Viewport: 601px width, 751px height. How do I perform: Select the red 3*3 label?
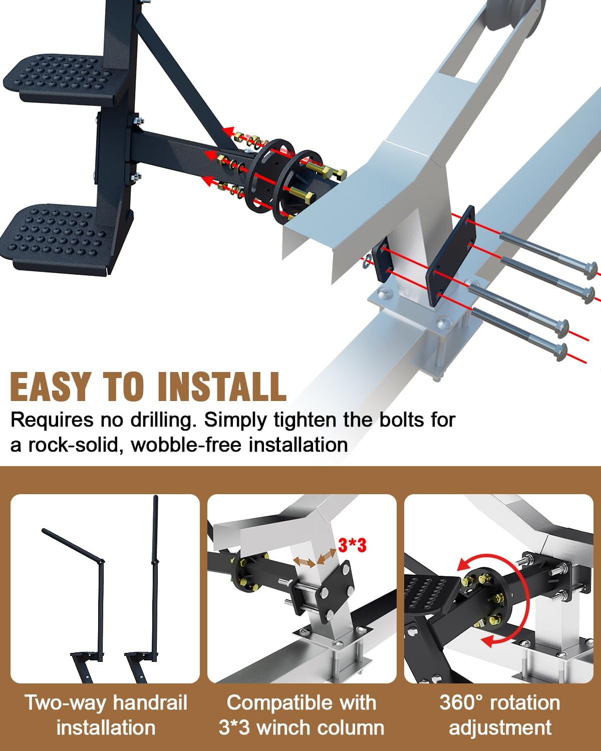[352, 545]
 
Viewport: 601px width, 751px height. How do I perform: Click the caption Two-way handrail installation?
[106, 715]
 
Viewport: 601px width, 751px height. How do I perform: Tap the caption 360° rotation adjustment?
[499, 715]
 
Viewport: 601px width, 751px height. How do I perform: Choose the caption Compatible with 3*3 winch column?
[302, 715]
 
